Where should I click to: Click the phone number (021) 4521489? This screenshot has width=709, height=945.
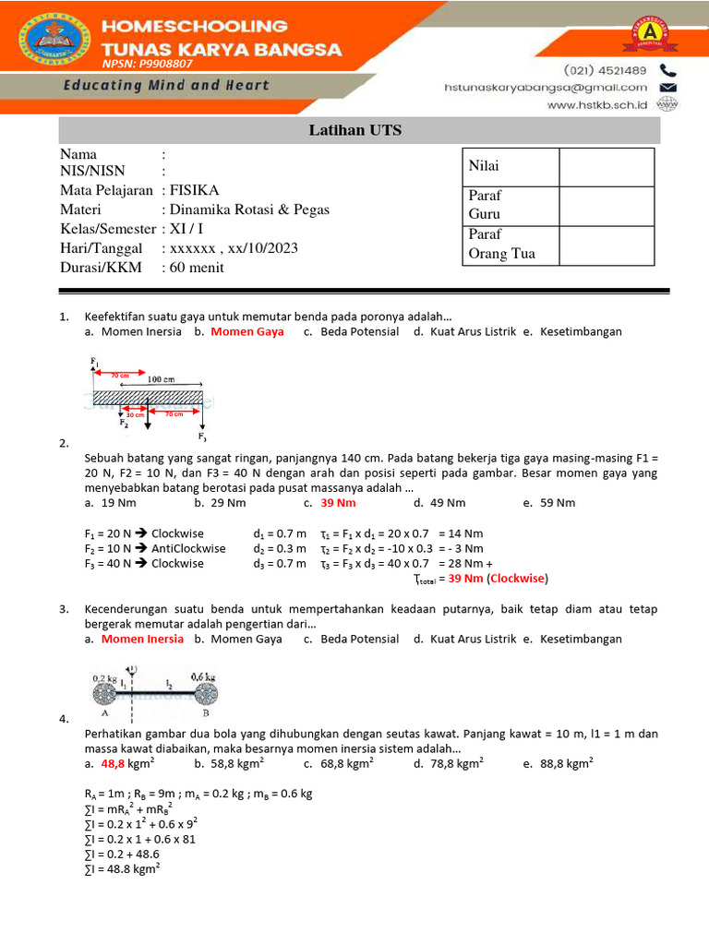click(605, 71)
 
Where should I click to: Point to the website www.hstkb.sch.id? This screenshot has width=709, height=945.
click(598, 105)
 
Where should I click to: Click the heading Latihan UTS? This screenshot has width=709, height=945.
click(355, 131)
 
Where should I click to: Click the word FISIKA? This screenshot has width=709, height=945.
click(195, 191)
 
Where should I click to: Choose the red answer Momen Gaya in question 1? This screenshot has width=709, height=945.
click(246, 331)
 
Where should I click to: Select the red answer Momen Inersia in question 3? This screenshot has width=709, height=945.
click(142, 639)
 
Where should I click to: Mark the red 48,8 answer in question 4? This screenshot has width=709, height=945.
click(114, 764)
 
